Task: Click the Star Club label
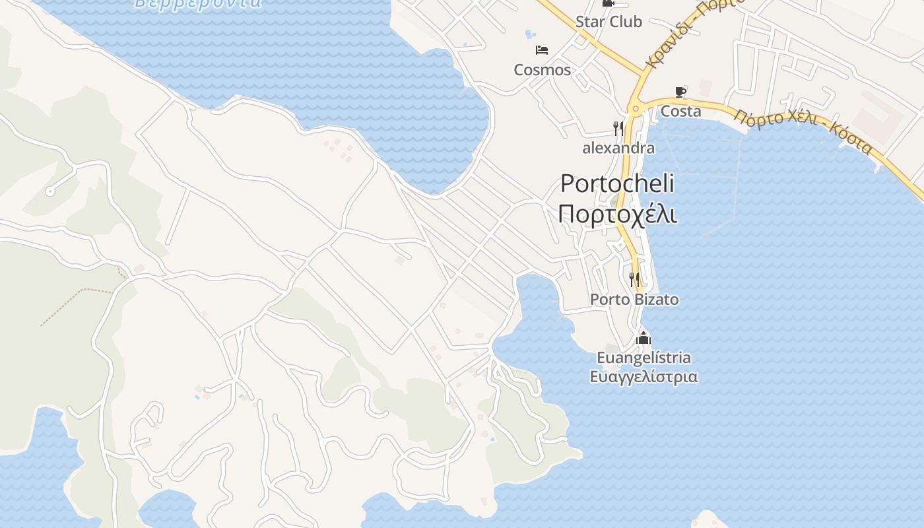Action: coord(609,22)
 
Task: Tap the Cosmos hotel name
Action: coord(543,70)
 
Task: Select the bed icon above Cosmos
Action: coord(542,50)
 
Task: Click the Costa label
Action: coord(680,112)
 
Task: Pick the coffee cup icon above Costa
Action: coord(680,92)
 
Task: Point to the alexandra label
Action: coord(618,148)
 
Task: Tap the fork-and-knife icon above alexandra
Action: coord(618,128)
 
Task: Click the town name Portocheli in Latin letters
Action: coord(618,183)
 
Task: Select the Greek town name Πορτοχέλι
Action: coord(618,214)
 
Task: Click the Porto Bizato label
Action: coord(634,300)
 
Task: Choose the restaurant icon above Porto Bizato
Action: coord(634,280)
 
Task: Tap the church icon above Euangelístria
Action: coord(643,339)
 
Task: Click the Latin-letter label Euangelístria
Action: coord(643,358)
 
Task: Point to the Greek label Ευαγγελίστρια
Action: coord(643,377)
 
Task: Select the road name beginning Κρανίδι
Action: coord(693,33)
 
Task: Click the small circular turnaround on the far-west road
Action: coord(49,191)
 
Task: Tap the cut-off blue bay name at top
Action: coord(198,3)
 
